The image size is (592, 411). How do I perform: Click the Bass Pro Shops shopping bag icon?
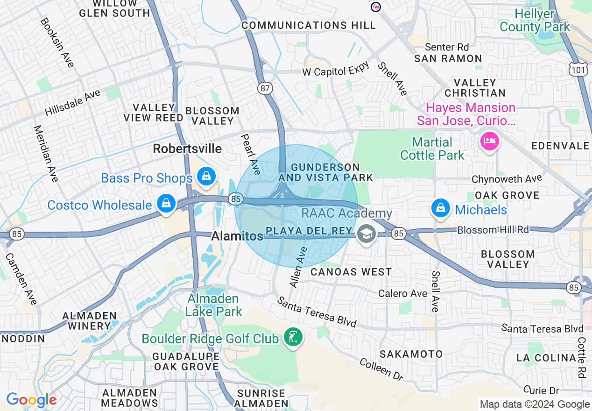point(205,176)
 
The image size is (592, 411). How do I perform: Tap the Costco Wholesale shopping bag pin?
point(166,204)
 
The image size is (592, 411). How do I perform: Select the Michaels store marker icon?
point(440,208)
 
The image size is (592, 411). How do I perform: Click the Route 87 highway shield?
point(265,87)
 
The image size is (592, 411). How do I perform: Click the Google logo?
point(31,400)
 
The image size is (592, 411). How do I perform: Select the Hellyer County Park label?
point(535,21)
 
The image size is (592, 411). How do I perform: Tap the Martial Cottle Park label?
point(432,149)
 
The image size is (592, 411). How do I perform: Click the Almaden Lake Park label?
point(213,305)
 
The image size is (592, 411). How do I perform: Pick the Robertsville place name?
point(187,149)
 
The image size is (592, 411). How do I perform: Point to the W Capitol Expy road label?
point(335,70)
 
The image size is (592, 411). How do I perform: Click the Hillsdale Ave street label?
point(72,103)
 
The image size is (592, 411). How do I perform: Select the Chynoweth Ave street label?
point(507,178)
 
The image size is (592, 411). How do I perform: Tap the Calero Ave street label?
point(402,293)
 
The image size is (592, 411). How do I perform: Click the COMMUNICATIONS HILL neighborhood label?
point(309,25)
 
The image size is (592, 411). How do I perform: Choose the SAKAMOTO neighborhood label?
point(411,354)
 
